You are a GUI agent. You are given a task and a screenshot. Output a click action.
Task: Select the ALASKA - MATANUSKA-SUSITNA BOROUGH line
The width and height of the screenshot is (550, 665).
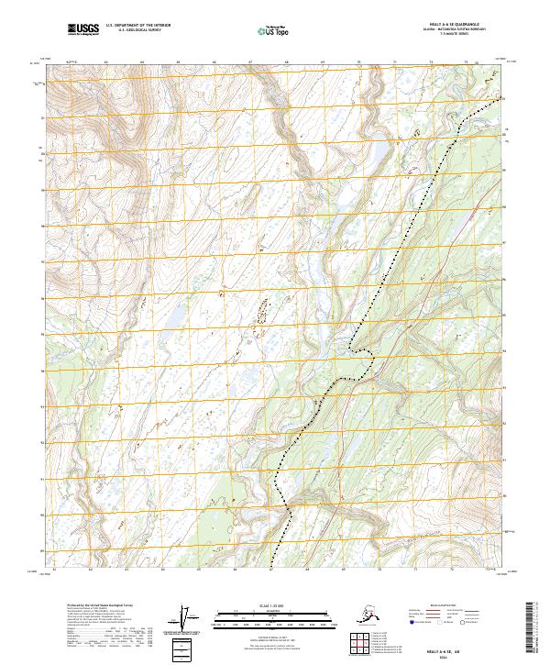point(462,30)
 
